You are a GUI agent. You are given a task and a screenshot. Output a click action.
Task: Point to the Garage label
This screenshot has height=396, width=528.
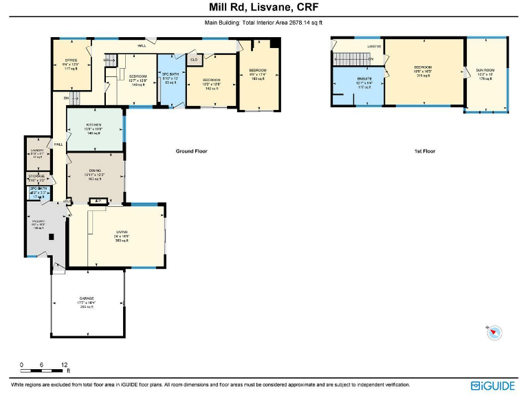[87, 302]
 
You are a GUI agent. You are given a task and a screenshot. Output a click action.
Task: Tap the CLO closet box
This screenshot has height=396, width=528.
[194, 60]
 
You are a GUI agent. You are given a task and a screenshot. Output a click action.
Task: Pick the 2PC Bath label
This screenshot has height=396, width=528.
[37, 192]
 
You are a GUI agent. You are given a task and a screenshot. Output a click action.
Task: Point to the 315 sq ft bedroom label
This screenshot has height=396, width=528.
[422, 72]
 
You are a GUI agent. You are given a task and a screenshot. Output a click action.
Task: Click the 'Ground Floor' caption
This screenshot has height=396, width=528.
[191, 151]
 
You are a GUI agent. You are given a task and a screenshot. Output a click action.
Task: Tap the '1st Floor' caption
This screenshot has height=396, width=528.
[424, 151]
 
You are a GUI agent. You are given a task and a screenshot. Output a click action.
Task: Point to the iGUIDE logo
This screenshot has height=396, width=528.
[492, 386]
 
